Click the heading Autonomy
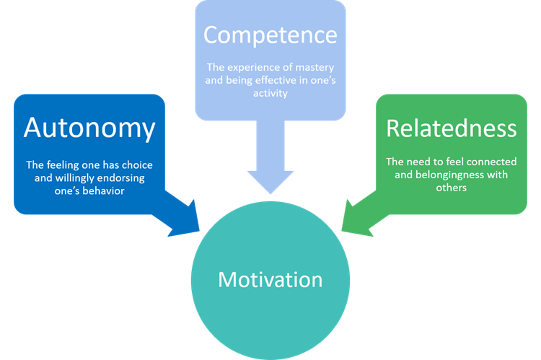89,128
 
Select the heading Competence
270,35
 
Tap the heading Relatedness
452,128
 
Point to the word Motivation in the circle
270,279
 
